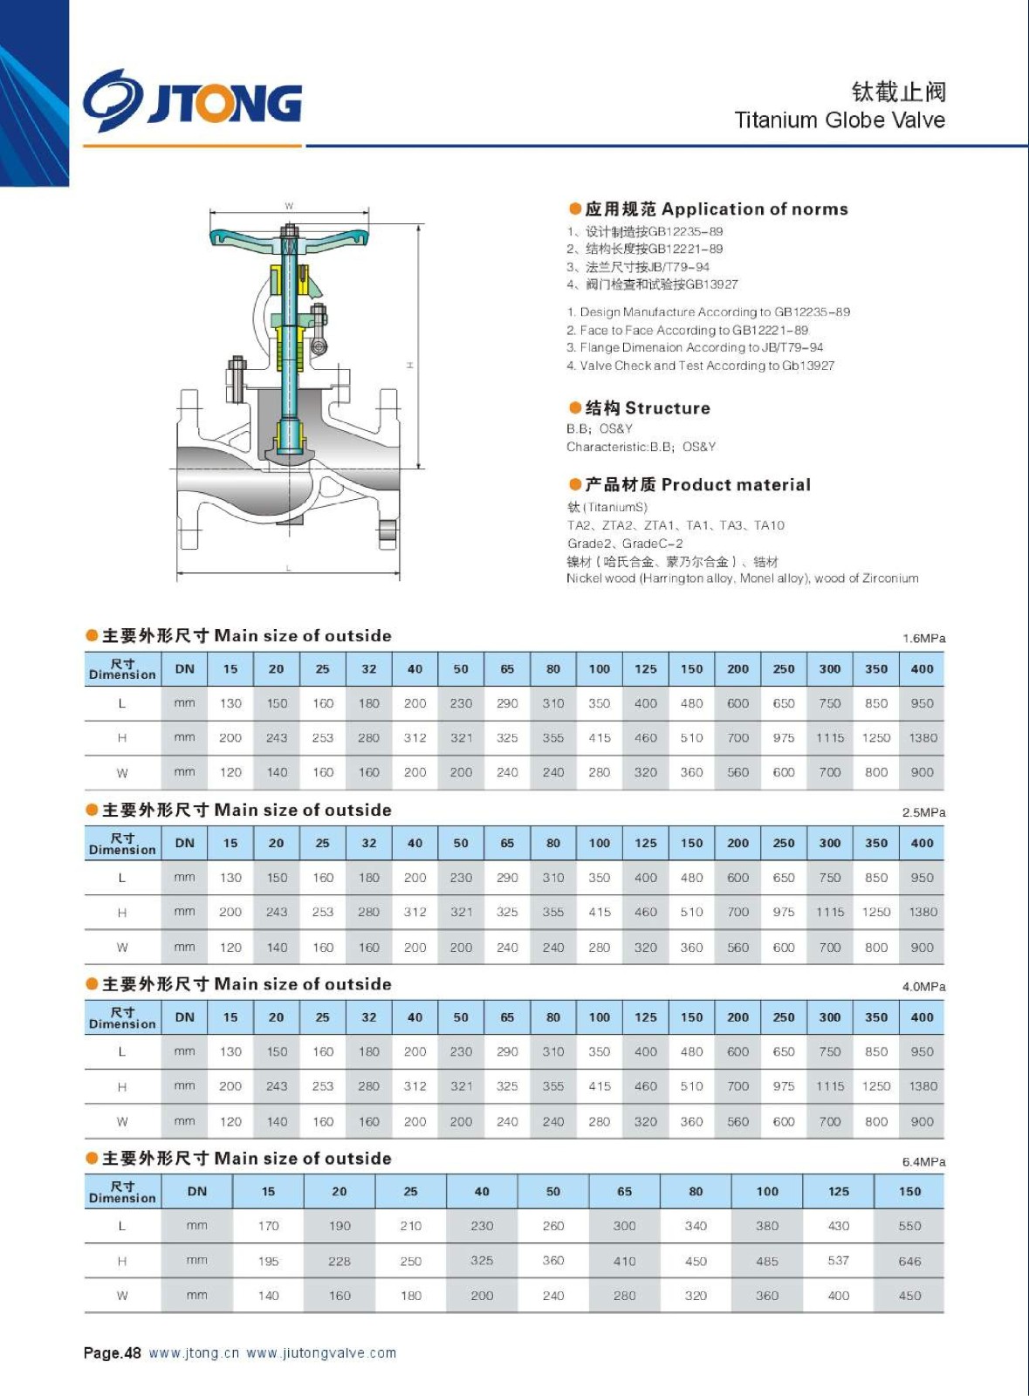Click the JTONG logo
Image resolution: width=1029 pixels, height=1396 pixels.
tap(192, 101)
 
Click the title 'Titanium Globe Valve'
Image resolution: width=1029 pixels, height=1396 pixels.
tap(839, 120)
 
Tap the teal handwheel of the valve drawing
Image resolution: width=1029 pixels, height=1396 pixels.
tap(289, 237)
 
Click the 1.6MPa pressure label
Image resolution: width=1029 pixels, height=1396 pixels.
tap(923, 639)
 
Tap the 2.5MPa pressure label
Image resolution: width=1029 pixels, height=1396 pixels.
tap(923, 812)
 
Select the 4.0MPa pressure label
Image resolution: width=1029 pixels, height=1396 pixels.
tap(923, 987)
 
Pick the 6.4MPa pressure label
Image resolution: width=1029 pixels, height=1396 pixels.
tap(923, 1162)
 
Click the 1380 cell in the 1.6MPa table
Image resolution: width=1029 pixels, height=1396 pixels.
tap(923, 738)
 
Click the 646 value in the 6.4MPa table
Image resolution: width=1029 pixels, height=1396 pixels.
tap(909, 1262)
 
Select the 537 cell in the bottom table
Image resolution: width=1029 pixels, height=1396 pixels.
tap(838, 1261)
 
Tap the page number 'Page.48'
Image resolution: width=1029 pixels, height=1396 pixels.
tap(112, 1353)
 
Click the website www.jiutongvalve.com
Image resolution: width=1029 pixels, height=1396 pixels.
tap(321, 1353)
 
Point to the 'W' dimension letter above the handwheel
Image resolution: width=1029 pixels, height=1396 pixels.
tap(289, 206)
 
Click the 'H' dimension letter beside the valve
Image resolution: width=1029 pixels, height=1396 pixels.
tap(410, 365)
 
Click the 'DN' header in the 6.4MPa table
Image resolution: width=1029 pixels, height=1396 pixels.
tap(197, 1192)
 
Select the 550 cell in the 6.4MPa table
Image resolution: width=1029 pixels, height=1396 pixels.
tap(909, 1226)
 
